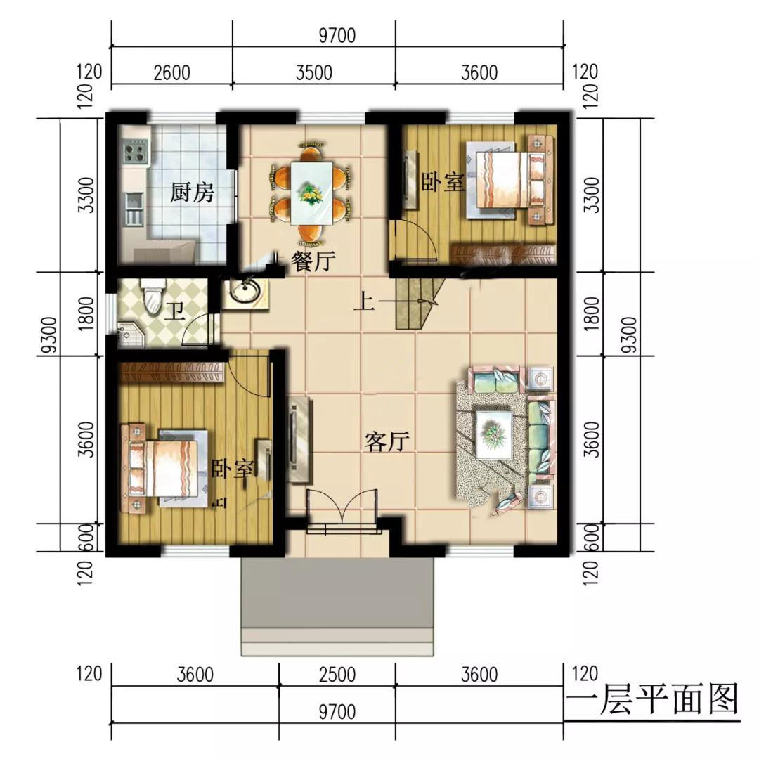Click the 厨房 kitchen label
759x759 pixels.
tap(192, 193)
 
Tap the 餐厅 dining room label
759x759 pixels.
tap(313, 261)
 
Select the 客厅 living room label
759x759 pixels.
tap(387, 441)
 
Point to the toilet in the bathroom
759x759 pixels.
tap(153, 297)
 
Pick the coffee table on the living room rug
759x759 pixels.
tap(494, 434)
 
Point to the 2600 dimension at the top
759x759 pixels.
tap(172, 73)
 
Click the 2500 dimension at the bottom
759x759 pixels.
tap(337, 674)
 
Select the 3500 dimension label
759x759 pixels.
tap(314, 72)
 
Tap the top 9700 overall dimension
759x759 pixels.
tap(337, 35)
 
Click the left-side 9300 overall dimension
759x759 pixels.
tap(49, 335)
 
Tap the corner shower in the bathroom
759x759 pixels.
tap(130, 334)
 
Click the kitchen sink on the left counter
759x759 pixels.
tap(135, 209)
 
